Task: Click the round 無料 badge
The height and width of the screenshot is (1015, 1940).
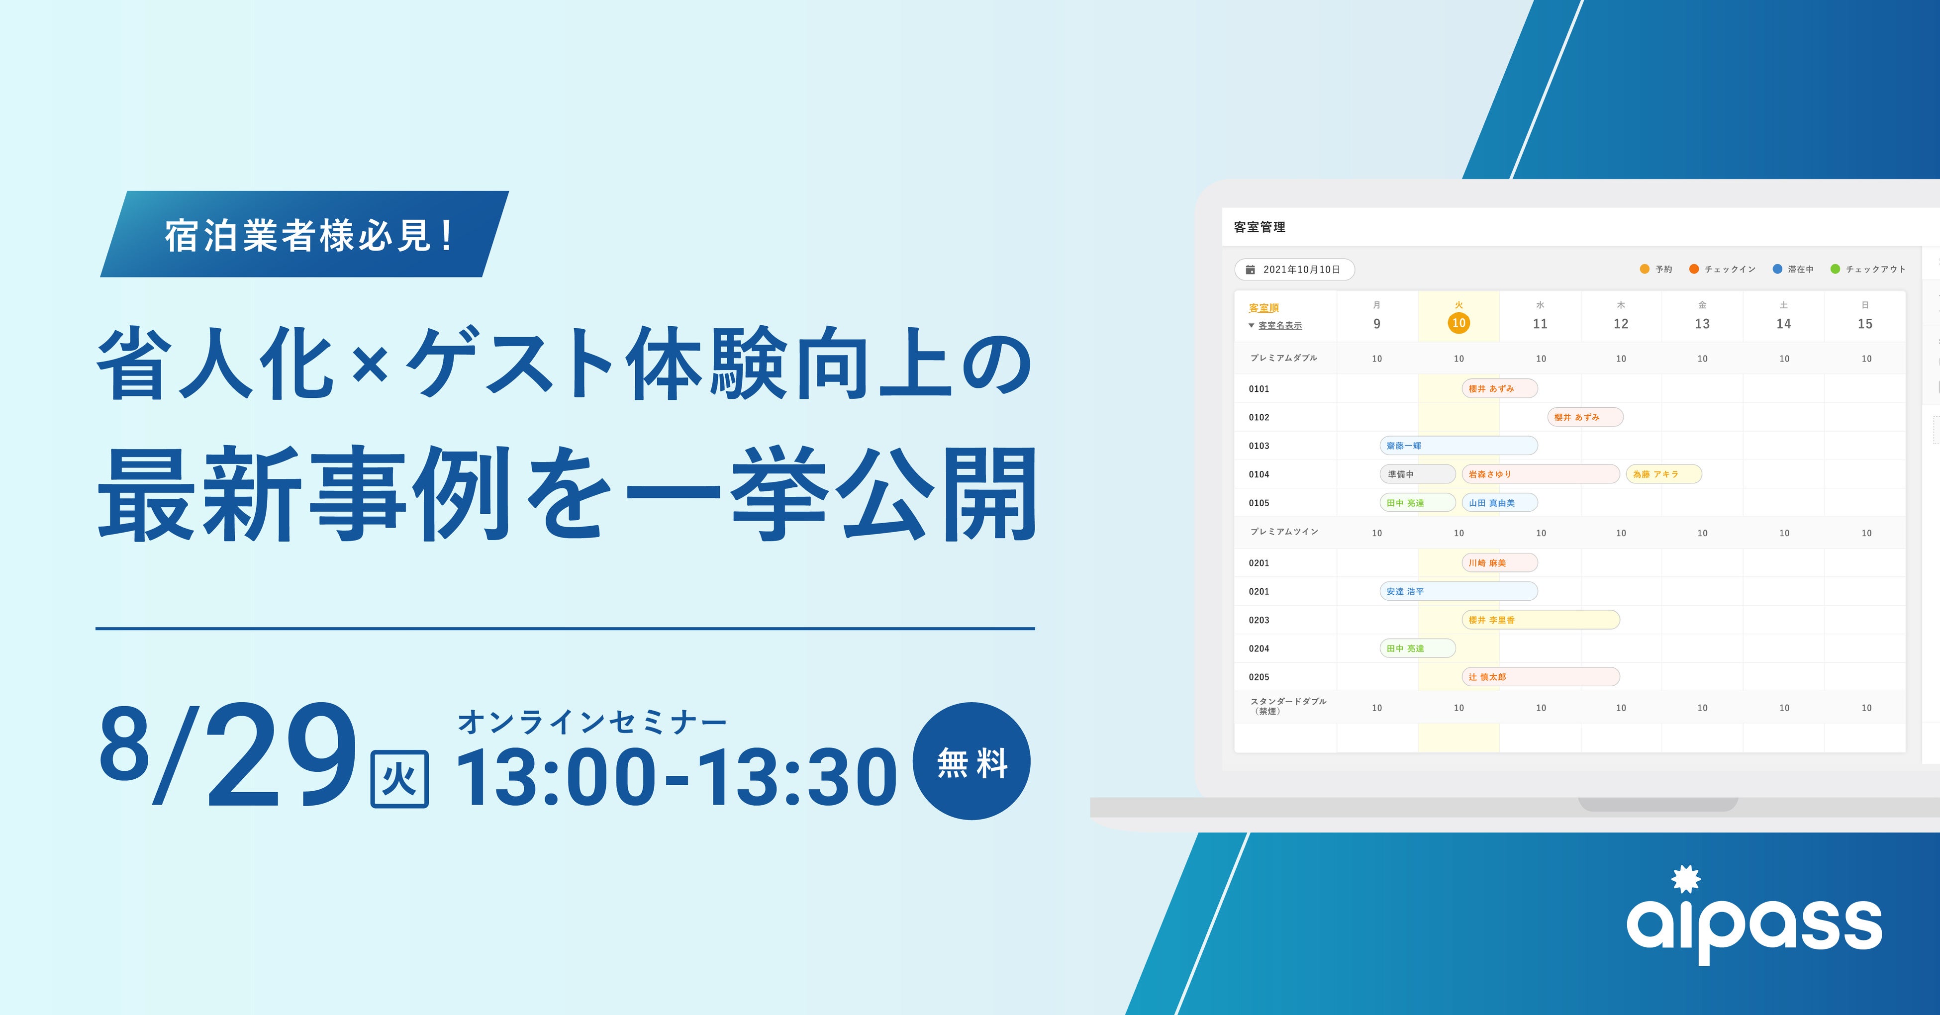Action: point(971,761)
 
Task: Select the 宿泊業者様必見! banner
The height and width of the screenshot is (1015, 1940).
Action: point(304,234)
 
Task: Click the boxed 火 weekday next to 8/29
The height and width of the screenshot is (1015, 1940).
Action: point(400,779)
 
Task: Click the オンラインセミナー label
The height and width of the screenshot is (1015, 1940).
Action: point(592,722)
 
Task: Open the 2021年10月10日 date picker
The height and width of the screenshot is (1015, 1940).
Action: point(1295,270)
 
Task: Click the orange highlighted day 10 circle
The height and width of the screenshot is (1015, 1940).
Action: point(1459,323)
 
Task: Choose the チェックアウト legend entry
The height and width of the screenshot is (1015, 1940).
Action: point(1868,269)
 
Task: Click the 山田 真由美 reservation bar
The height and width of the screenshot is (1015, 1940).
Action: point(1499,503)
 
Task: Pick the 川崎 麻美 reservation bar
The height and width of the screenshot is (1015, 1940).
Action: point(1499,562)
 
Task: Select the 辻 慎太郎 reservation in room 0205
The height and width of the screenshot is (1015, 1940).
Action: point(1540,677)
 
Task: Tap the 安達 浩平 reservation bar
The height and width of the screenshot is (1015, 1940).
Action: point(1458,591)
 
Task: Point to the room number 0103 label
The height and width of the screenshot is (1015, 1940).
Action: point(1259,446)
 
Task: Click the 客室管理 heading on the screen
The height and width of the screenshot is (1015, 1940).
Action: point(1259,227)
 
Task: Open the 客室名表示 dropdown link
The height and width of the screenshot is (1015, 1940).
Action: point(1279,325)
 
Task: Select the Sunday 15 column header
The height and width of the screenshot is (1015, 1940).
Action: point(1865,316)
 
